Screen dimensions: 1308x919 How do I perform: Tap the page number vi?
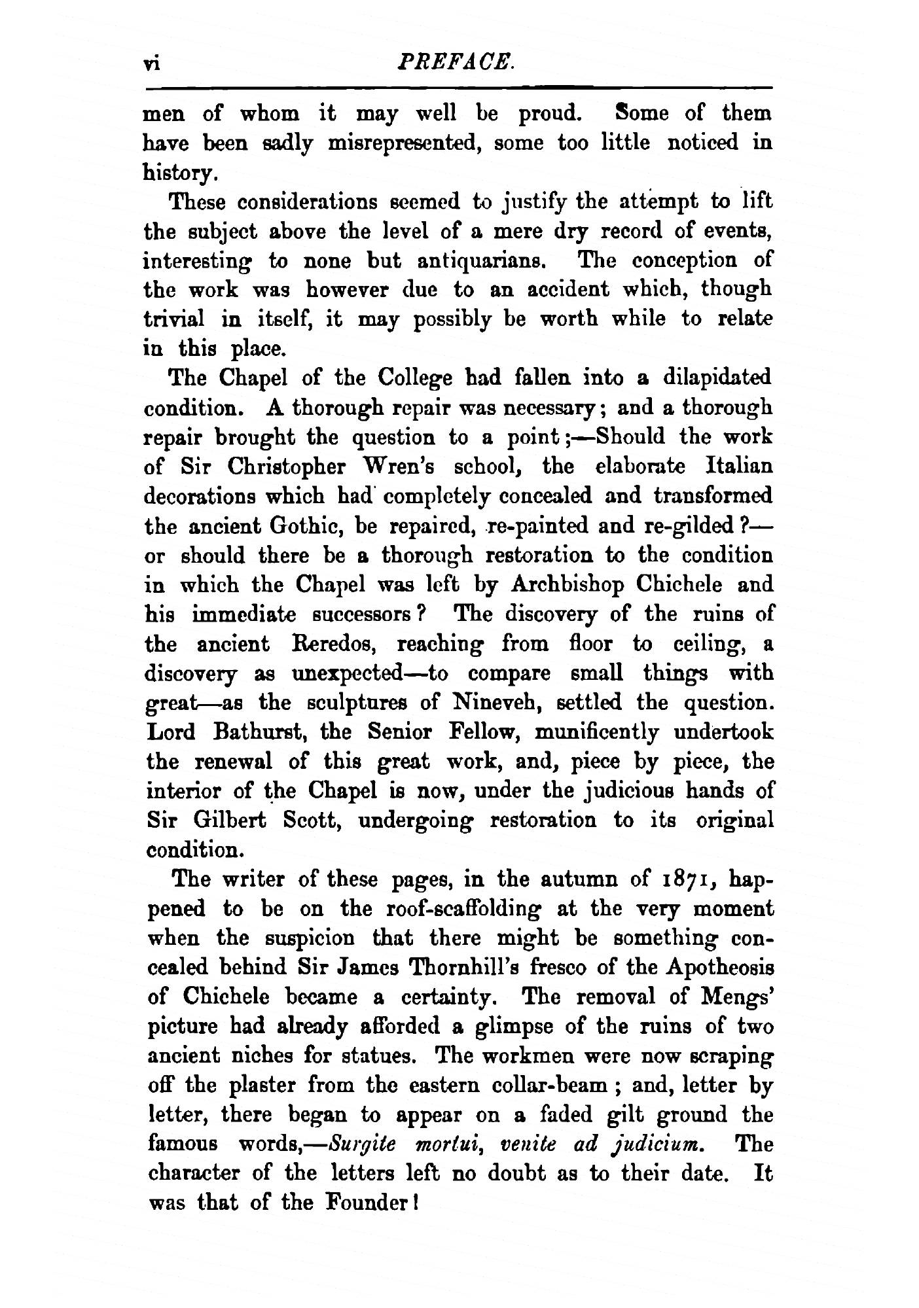click(x=153, y=64)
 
